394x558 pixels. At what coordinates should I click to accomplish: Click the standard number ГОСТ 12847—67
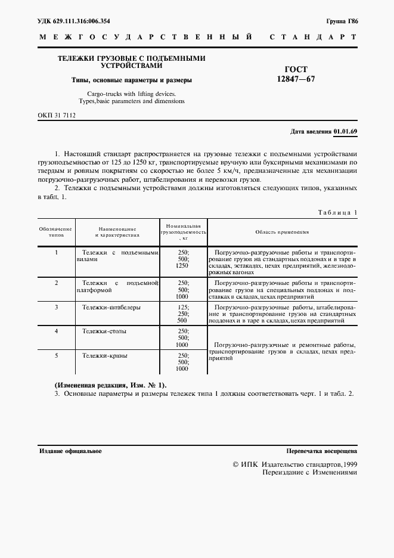(x=292, y=74)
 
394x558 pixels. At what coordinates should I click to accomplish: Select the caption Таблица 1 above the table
(x=337, y=212)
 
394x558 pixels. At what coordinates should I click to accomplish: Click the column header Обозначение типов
(x=56, y=232)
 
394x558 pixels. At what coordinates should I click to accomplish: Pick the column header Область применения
(x=282, y=232)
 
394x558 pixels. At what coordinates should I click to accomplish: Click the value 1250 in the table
(x=182, y=265)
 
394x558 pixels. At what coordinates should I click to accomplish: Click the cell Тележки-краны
(x=105, y=356)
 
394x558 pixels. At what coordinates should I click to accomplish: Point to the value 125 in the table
(x=183, y=307)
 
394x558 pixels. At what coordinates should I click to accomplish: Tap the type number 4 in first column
(x=56, y=330)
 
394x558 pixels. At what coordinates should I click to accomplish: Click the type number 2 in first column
(x=56, y=282)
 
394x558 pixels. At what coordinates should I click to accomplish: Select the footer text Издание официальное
(x=70, y=451)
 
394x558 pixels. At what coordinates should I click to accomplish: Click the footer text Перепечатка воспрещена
(x=321, y=451)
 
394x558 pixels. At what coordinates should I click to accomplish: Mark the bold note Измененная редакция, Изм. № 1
(x=111, y=385)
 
